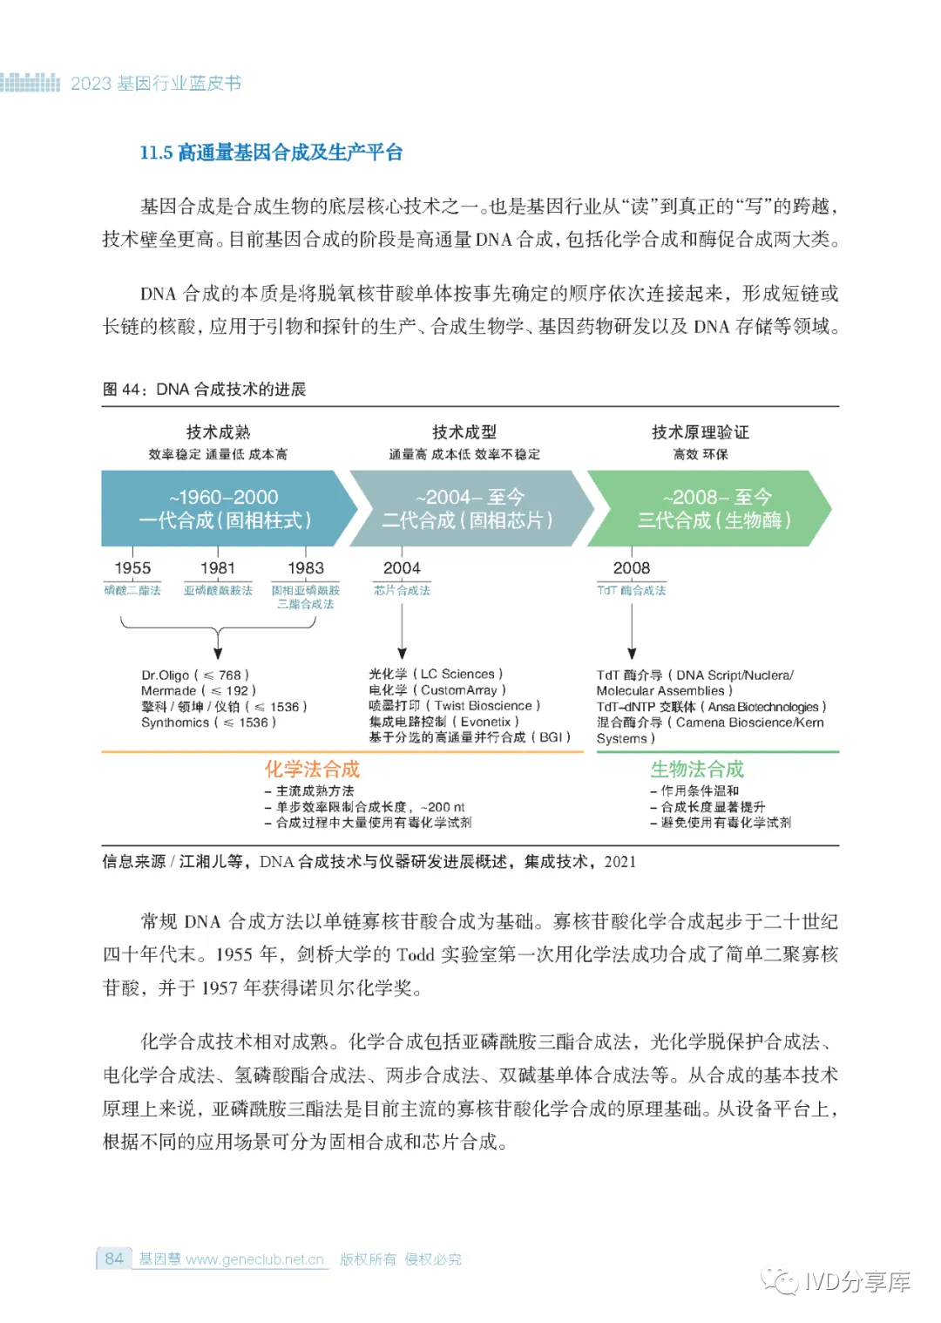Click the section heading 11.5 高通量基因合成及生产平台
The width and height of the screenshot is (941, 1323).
tap(271, 153)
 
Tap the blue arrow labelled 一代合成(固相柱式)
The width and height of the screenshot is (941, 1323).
tap(225, 509)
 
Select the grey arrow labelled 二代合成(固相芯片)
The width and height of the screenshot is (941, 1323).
tap(469, 509)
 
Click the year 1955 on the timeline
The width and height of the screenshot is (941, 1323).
tap(132, 568)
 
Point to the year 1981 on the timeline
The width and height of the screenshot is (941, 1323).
tap(218, 568)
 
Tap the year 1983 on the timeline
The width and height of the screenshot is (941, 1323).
tap(306, 568)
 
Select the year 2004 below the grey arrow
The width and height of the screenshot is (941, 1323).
tap(402, 568)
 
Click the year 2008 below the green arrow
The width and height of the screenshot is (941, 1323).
tap(632, 568)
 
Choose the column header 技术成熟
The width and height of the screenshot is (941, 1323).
tap(218, 432)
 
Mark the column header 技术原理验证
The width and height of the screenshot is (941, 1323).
tap(701, 432)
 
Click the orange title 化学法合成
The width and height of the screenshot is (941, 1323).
tap(312, 769)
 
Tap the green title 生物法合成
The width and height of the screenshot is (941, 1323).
tap(697, 769)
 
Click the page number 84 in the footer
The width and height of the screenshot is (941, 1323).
tap(114, 1259)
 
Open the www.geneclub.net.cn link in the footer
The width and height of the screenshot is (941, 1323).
tap(254, 1259)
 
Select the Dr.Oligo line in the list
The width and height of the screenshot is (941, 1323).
tap(195, 675)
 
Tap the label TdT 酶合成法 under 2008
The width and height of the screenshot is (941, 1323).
tap(632, 590)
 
